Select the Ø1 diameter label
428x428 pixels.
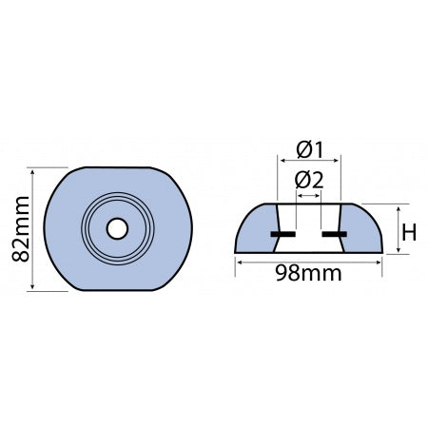point(310,149)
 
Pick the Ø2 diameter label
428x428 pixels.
point(310,179)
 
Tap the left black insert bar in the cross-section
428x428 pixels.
point(282,232)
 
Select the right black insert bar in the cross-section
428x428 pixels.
point(334,232)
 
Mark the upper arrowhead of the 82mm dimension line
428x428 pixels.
point(33,172)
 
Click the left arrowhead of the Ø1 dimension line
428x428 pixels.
point(280,163)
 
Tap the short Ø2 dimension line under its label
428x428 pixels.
point(310,194)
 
